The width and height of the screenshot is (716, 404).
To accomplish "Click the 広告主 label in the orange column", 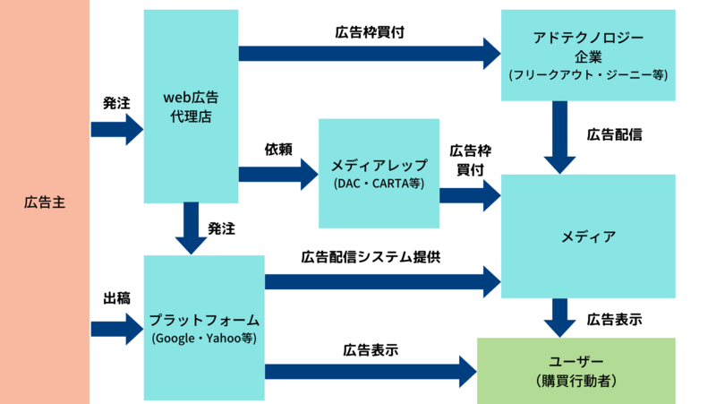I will tap(45, 202).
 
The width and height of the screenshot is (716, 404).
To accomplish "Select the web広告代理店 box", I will tap(191, 106).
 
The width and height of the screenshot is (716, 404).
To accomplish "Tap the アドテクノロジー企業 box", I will tap(587, 56).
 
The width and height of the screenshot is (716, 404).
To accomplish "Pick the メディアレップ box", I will tap(379, 173).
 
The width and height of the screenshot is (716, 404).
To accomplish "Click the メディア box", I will tap(587, 236).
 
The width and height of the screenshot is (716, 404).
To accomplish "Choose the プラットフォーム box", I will tap(204, 327).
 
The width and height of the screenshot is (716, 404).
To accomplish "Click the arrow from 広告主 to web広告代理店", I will tap(116, 129).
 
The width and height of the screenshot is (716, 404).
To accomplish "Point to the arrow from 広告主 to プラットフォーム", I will tap(116, 329).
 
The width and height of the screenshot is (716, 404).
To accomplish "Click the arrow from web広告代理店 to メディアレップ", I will tap(278, 173).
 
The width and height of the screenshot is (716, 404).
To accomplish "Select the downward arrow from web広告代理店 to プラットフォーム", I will tap(191, 228).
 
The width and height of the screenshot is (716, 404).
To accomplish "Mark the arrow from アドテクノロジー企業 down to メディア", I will tap(559, 136).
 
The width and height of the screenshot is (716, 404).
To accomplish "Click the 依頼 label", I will tap(278, 147).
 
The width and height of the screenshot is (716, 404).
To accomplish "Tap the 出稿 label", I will tap(117, 298).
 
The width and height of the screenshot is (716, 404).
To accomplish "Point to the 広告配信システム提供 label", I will tap(371, 257).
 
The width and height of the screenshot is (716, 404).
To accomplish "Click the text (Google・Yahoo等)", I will tap(204, 339).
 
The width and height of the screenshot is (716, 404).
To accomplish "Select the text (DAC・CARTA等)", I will tap(379, 184).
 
